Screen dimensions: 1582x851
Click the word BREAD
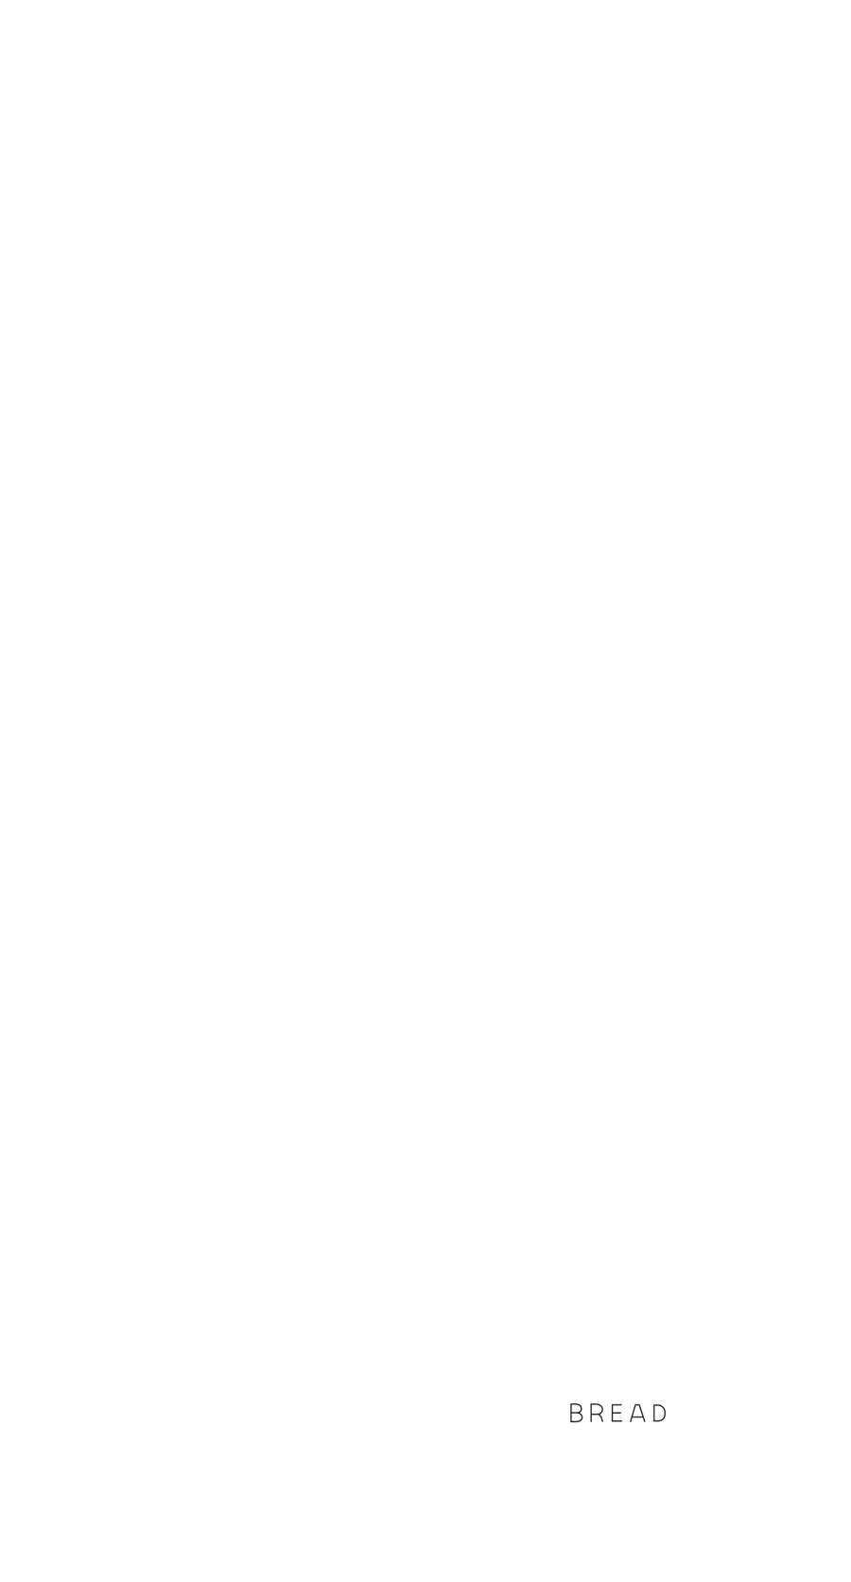coord(618,1413)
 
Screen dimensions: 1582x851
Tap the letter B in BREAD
coord(577,1413)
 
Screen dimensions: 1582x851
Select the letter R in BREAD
coord(597,1413)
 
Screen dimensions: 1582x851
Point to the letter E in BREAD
coord(617,1413)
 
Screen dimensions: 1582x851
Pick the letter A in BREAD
coord(638,1413)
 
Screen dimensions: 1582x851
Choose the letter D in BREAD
coord(660,1413)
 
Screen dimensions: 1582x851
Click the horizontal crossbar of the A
coord(638,1417)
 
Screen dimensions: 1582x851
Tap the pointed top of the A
coord(638,1403)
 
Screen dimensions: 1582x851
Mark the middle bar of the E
coord(617,1413)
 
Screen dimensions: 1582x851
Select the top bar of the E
coord(617,1403)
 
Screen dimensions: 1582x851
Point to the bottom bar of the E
coord(617,1422)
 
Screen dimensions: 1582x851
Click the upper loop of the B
coord(578,1408)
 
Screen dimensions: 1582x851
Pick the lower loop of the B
coord(579,1417)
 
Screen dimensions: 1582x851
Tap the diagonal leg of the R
coord(601,1418)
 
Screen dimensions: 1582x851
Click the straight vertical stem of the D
coord(653,1413)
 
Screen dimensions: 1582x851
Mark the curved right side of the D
coord(667,1413)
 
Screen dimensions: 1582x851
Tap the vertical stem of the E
coord(611,1413)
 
